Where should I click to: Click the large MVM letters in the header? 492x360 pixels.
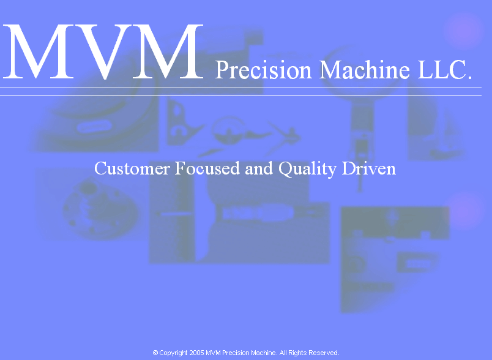pyautogui.click(x=103, y=51)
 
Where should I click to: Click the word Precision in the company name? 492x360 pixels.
pyautogui.click(x=263, y=70)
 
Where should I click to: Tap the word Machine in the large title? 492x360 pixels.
pyautogui.click(x=365, y=69)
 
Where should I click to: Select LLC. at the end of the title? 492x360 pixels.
pyautogui.click(x=445, y=69)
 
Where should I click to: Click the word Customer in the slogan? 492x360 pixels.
pyautogui.click(x=132, y=168)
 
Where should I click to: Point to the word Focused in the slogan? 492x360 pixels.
pyautogui.click(x=207, y=168)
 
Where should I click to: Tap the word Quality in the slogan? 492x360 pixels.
pyautogui.click(x=307, y=169)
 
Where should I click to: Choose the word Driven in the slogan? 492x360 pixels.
pyautogui.click(x=368, y=168)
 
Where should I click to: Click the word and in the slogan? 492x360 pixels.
pyautogui.click(x=259, y=168)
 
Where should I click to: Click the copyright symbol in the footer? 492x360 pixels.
pyautogui.click(x=155, y=353)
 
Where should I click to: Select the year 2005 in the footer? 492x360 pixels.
pyautogui.click(x=196, y=353)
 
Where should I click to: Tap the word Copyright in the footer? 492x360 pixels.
pyautogui.click(x=174, y=353)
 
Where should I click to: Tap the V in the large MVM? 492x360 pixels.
pyautogui.click(x=103, y=52)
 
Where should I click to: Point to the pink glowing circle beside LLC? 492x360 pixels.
pyautogui.click(x=463, y=31)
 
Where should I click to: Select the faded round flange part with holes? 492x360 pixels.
pyautogui.click(x=100, y=209)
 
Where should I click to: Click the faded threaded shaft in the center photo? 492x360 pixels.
pyautogui.click(x=257, y=213)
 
